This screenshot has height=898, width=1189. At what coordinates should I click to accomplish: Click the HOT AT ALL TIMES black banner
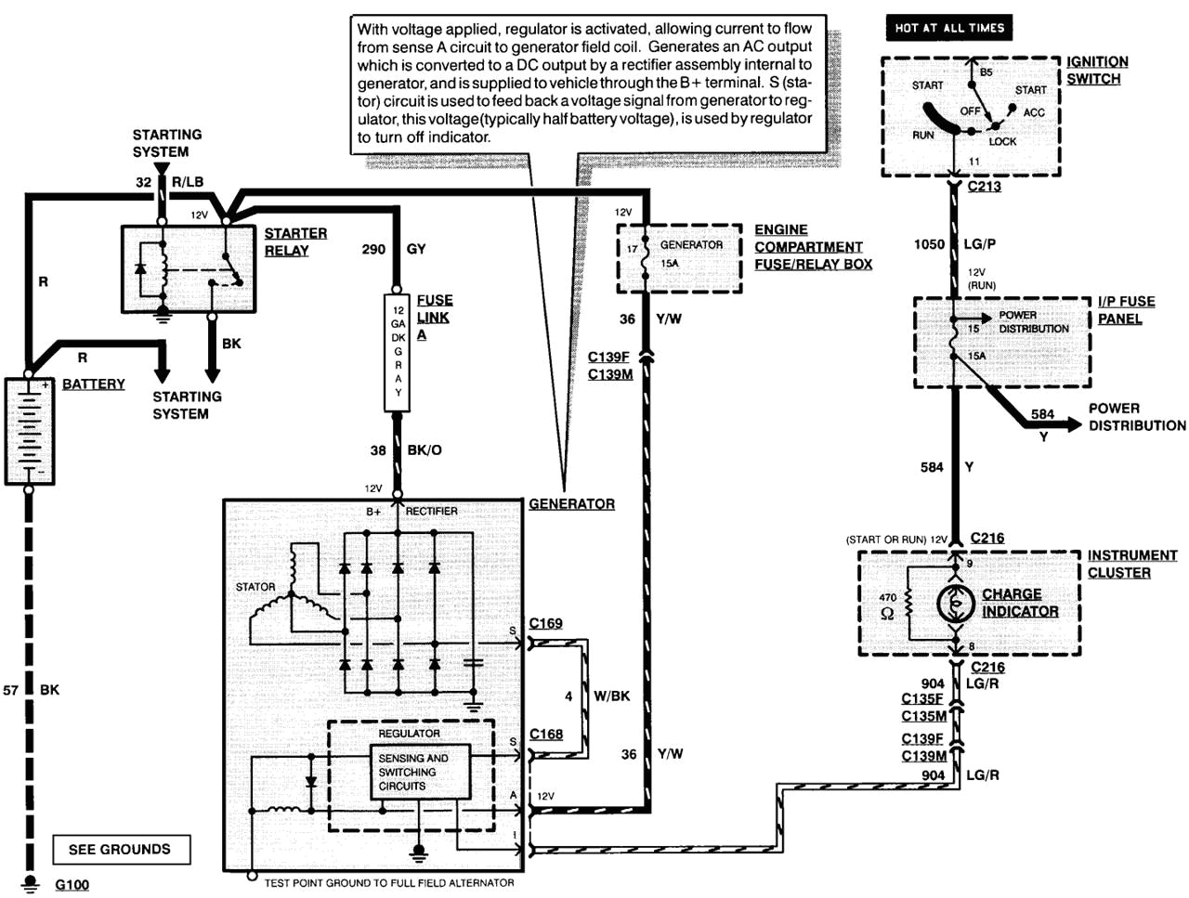pyautogui.click(x=948, y=28)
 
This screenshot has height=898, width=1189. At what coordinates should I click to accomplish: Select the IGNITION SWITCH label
pyautogui.click(x=1096, y=71)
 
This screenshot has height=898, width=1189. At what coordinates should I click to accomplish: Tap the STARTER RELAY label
pyautogui.click(x=294, y=241)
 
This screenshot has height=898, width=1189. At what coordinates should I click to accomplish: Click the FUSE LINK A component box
pyautogui.click(x=398, y=352)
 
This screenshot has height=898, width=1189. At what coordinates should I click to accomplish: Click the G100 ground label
pyautogui.click(x=72, y=884)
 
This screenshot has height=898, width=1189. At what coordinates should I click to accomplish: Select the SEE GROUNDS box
pyautogui.click(x=120, y=849)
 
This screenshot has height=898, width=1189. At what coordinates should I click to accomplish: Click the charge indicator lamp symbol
pyautogui.click(x=955, y=605)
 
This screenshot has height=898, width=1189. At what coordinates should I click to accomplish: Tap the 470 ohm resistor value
pyautogui.click(x=887, y=605)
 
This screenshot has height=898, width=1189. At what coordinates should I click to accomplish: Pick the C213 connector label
pyautogui.click(x=984, y=186)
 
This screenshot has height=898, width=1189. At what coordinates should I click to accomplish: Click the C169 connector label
pyautogui.click(x=545, y=623)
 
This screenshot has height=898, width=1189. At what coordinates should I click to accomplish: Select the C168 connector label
pyautogui.click(x=545, y=734)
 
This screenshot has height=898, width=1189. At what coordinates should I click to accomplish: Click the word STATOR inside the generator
pyautogui.click(x=255, y=587)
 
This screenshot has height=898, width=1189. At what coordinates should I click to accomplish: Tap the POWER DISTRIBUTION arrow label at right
pyautogui.click(x=1136, y=417)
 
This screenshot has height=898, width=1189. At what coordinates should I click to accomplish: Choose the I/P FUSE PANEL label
pyautogui.click(x=1125, y=310)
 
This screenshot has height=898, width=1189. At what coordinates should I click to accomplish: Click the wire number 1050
pyautogui.click(x=929, y=244)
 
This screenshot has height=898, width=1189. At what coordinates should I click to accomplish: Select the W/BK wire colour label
pyautogui.click(x=611, y=696)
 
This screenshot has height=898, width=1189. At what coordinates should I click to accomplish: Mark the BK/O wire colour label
pyautogui.click(x=425, y=450)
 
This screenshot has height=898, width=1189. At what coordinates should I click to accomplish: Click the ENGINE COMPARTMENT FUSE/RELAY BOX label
pyautogui.click(x=812, y=247)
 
